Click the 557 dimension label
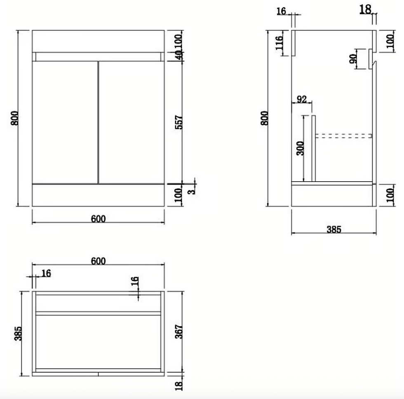coord(179,123)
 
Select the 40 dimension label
coord(179,56)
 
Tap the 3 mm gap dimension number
coord(191,190)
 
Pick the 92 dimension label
coord(301,99)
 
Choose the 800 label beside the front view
coord(14,118)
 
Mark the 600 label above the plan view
coord(98,261)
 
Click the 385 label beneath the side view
coord(334,230)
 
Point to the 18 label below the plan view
coord(179,386)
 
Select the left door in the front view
coord(65,122)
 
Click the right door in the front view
coord(131,122)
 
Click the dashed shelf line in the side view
coord(344,135)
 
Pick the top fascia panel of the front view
coord(98,41)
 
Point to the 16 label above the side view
coord(281,11)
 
